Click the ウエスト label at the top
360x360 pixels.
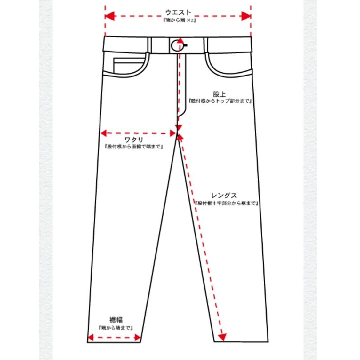pyautogui.click(x=178, y=13)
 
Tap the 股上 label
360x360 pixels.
pyautogui.click(x=220, y=94)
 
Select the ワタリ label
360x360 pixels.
pyautogui.click(x=134, y=140)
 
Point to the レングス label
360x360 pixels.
pyautogui.click(x=224, y=196)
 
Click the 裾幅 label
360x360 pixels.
pyautogui.click(x=116, y=320)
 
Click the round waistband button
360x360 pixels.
pyautogui.click(x=175, y=46)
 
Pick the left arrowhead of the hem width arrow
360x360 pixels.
pyautogui.click(x=91, y=337)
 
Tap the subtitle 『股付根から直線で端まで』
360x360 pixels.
pyautogui.click(x=134, y=147)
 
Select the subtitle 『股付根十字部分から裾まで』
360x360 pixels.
pyautogui.click(x=226, y=203)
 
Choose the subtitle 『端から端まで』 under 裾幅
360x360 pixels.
pyautogui.click(x=116, y=328)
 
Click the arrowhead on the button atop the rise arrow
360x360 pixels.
pyautogui.click(x=180, y=41)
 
